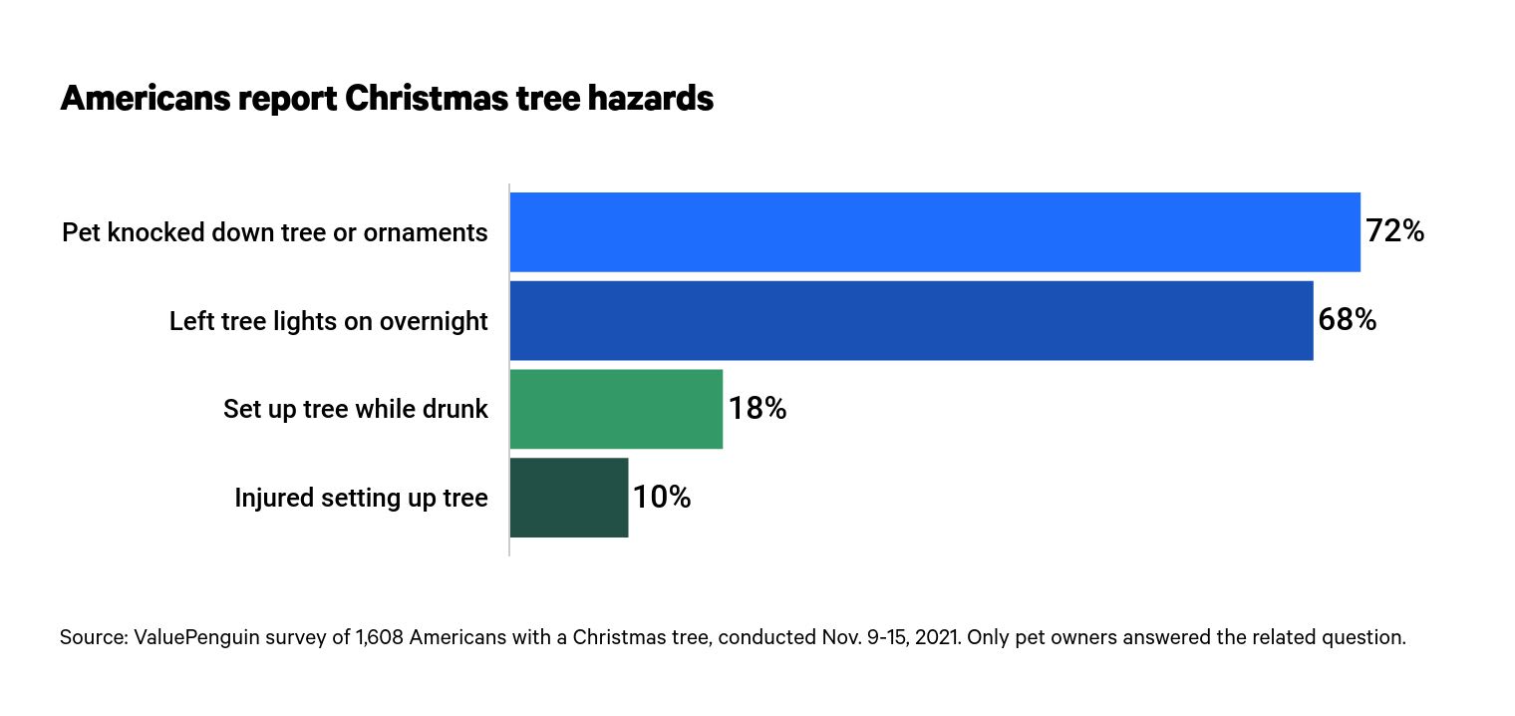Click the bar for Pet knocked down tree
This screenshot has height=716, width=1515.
point(935,232)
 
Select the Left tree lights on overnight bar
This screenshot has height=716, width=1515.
point(911,320)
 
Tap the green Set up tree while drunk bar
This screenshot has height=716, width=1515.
point(616,409)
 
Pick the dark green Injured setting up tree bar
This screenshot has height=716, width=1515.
point(569,498)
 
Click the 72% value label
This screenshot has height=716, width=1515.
point(1394,232)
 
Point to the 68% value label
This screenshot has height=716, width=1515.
point(1347,320)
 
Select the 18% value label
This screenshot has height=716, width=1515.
point(757,409)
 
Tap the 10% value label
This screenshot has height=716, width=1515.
point(662,498)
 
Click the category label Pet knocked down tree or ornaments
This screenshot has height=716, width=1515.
point(275,233)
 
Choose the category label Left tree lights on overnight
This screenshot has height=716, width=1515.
point(329,321)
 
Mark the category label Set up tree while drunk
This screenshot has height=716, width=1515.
point(356,409)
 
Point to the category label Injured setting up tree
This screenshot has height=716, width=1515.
point(361,498)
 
